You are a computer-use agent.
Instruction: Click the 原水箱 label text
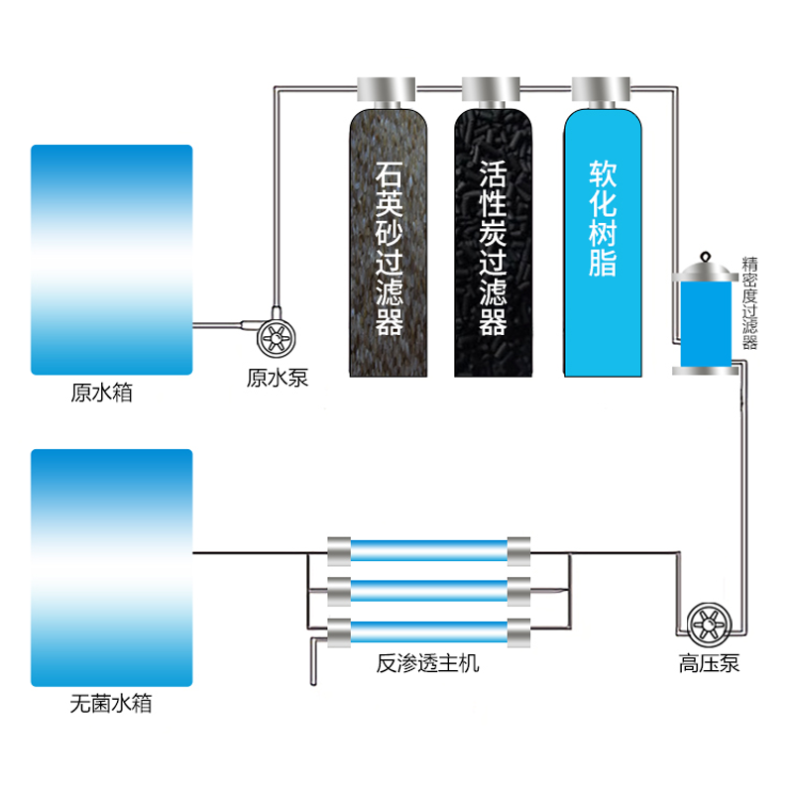point(101,393)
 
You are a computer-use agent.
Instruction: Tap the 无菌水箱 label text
point(112,705)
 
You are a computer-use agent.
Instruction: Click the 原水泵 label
point(278,377)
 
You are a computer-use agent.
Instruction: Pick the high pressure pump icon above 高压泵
point(709,622)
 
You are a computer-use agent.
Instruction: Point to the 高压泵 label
point(709,663)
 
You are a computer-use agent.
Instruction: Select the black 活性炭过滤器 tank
point(494,243)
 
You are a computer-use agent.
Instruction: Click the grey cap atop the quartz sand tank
point(387,90)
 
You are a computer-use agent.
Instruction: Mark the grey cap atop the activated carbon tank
point(494,90)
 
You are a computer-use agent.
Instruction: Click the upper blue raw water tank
point(111,260)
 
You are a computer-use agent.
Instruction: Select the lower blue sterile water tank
point(111,567)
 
